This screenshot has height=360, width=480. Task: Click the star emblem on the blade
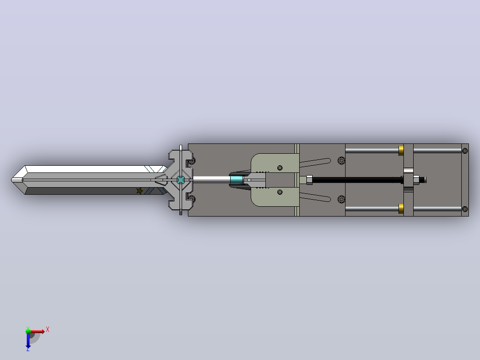tap(139, 191)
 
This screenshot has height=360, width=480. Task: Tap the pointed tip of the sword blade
tap(12, 180)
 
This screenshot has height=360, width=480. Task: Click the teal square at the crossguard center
tap(181, 180)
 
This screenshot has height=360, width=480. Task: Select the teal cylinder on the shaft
tap(236, 180)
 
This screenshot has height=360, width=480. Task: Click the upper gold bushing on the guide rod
tap(401, 151)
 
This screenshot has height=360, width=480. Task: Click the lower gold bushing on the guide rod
tap(401, 209)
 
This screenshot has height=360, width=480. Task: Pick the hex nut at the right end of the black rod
tap(416, 180)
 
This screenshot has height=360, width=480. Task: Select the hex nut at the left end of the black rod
tap(309, 180)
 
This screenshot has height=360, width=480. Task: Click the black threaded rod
tap(357, 180)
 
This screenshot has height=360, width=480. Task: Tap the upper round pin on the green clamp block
tap(280, 168)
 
